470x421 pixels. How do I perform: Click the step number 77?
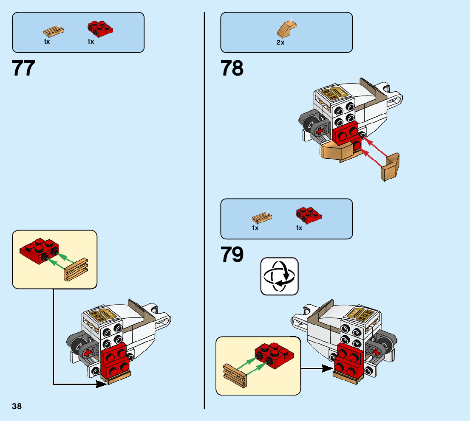pyautogui.click(x=24, y=68)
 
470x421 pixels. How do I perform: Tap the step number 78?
pyautogui.click(x=232, y=68)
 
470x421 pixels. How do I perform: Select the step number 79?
pyautogui.click(x=232, y=255)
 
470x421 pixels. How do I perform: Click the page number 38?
pyautogui.click(x=17, y=406)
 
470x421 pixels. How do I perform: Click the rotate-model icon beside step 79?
pyautogui.click(x=279, y=276)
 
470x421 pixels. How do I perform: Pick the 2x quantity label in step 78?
pyautogui.click(x=280, y=42)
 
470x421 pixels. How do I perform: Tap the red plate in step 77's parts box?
pyautogui.click(x=101, y=28)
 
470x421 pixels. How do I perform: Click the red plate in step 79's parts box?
pyautogui.click(x=309, y=215)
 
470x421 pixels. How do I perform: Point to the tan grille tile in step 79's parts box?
pyautogui.click(x=262, y=218)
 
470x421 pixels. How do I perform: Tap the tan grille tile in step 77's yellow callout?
pyautogui.click(x=76, y=269)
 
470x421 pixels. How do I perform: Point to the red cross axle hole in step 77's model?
pyautogui.click(x=89, y=352)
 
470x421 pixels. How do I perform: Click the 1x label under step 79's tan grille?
pyautogui.click(x=255, y=228)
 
